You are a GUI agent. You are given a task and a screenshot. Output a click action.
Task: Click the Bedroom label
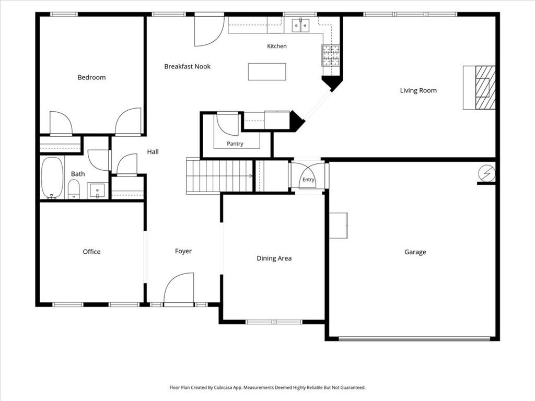91,77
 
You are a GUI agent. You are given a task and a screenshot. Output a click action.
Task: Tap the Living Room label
418,90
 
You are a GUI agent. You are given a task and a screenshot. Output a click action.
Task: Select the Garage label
415,252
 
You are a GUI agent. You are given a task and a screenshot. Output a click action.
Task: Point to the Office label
91,252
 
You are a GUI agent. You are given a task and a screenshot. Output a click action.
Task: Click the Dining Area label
274,258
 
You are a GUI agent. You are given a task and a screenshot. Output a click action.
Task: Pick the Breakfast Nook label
188,66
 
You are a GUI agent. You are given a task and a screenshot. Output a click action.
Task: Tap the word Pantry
235,144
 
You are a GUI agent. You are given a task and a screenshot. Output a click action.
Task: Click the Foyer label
183,251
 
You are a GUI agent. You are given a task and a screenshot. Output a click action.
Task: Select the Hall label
153,152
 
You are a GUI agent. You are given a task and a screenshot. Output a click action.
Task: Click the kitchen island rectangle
267,72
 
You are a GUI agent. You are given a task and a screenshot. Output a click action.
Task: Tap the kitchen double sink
300,26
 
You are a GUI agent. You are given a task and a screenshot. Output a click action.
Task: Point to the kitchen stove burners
331,55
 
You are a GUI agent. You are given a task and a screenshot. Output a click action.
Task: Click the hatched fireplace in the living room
485,88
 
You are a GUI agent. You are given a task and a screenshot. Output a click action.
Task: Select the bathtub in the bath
52,178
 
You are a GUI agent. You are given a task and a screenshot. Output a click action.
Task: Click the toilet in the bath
74,189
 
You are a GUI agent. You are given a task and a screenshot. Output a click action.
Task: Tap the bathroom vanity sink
98,191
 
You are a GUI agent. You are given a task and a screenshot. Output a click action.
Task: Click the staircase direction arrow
250,176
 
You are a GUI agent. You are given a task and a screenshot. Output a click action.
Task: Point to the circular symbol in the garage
487,173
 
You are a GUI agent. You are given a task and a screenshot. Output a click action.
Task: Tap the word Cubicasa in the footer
224,387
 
